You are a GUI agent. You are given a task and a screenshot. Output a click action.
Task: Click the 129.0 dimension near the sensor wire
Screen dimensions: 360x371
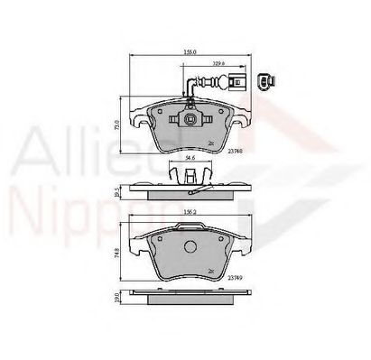[218, 64]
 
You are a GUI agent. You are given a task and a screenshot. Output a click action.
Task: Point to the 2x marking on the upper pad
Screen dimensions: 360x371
[210, 143]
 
